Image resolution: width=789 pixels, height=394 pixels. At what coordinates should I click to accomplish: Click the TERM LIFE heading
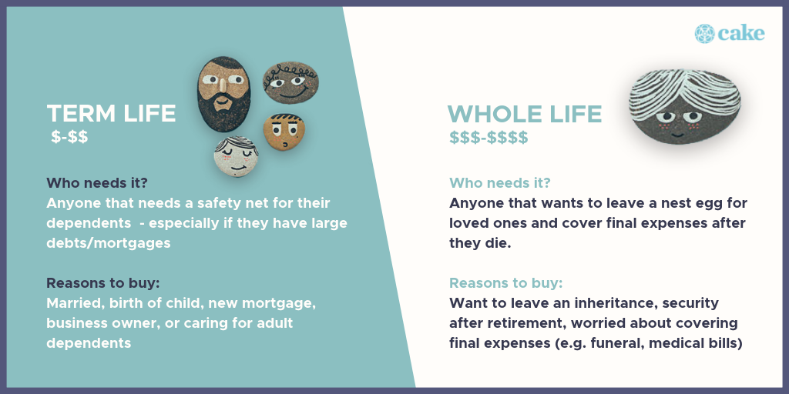111,114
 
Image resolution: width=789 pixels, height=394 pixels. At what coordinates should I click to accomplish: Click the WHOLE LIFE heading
524,114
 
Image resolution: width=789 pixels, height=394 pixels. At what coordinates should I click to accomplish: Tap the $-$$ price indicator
69,137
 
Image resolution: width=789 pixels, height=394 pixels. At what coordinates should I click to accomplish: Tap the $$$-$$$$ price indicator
489,137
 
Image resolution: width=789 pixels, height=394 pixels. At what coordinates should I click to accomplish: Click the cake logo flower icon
704,34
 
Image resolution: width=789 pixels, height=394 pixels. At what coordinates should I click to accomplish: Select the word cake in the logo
741,34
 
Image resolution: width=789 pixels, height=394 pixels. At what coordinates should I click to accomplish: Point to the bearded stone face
223,94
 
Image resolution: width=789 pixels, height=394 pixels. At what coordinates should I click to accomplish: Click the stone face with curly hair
290,82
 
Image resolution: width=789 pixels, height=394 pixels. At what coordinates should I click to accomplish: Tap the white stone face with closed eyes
236,155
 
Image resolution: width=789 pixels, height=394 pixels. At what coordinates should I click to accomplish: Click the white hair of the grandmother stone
684,92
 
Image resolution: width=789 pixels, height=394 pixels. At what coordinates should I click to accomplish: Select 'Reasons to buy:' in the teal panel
103,283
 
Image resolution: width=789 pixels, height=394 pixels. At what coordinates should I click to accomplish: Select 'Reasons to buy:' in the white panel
505,283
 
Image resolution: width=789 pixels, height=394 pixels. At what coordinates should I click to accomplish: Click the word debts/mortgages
109,243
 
